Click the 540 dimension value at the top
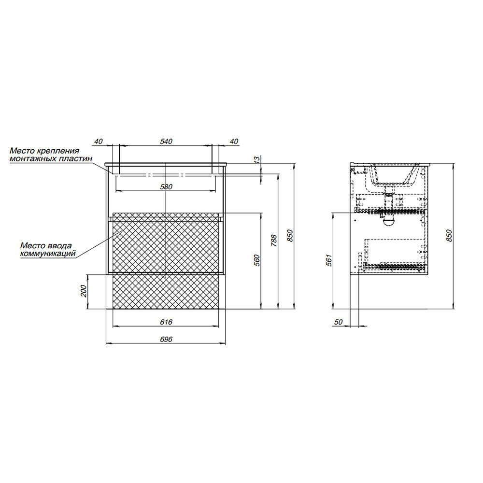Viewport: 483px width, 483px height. (x=166, y=142)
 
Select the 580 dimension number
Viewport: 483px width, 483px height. (x=166, y=186)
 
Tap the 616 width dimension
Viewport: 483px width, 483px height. (x=166, y=322)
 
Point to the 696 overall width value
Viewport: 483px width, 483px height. (x=166, y=339)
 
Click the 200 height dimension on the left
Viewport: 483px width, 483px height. (x=84, y=291)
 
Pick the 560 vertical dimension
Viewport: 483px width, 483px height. (x=257, y=260)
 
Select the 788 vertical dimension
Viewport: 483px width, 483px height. (x=274, y=241)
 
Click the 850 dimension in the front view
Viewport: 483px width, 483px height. (x=290, y=235)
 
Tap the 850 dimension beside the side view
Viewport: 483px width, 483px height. (x=449, y=236)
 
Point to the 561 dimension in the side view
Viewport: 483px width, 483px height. (x=329, y=260)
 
